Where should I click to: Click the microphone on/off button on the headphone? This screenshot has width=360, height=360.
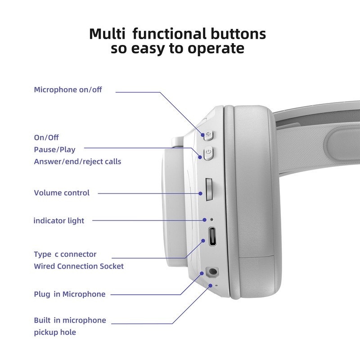(x=208, y=135)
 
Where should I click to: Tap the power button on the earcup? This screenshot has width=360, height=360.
(x=208, y=153)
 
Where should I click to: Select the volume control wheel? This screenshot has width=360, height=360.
(x=209, y=189)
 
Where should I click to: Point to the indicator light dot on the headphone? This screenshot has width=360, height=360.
(x=211, y=220)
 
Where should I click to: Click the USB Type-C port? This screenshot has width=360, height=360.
(x=212, y=236)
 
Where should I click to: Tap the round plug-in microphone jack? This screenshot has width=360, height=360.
(x=212, y=272)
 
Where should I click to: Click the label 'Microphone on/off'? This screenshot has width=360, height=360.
(x=68, y=90)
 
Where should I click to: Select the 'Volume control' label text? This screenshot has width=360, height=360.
(x=62, y=193)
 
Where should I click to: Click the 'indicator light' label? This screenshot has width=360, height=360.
(x=59, y=220)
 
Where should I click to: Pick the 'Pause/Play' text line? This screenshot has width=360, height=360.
(x=54, y=150)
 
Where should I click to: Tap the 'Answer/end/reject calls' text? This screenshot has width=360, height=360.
(x=77, y=162)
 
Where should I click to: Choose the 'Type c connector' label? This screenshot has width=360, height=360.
(x=65, y=254)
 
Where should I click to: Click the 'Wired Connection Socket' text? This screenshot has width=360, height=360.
(x=79, y=266)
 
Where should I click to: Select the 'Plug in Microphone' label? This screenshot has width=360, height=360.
(x=70, y=294)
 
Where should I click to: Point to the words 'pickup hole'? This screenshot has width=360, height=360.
(x=55, y=332)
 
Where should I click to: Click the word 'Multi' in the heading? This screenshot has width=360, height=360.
(x=107, y=34)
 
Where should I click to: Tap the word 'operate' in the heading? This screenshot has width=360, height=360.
(x=216, y=49)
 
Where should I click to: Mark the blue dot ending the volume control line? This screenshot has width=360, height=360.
(x=200, y=193)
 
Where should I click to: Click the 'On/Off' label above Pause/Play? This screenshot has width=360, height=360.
(x=46, y=138)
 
